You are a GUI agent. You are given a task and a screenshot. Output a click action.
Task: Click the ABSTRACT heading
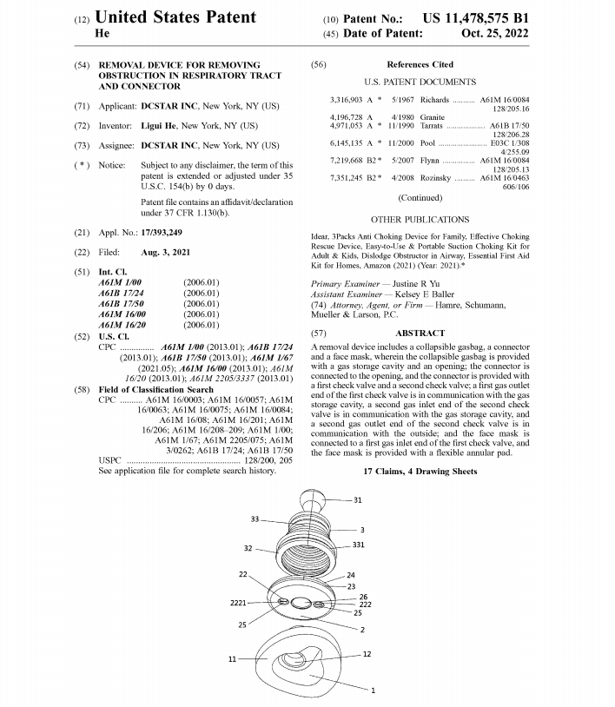[x=420, y=333]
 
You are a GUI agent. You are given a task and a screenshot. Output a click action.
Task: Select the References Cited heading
[x=420, y=64]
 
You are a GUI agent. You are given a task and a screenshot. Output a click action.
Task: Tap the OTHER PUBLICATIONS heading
[x=420, y=220]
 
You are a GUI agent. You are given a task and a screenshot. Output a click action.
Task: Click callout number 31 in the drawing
[x=358, y=500]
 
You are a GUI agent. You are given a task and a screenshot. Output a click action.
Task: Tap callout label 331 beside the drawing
[x=358, y=545]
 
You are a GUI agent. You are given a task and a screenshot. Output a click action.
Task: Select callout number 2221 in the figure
[x=240, y=602]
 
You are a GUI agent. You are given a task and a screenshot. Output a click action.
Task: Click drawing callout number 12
[x=367, y=654]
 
